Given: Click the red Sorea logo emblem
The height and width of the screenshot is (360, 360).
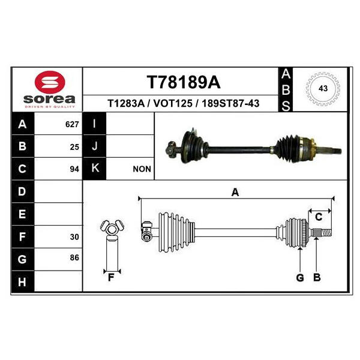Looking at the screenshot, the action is pyautogui.click(x=50, y=82).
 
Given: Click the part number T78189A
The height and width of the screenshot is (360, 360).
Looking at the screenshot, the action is pyautogui.click(x=184, y=82).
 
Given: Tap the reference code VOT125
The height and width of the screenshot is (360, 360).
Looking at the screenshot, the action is pyautogui.click(x=173, y=103).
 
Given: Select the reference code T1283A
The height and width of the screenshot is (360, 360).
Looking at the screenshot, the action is pyautogui.click(x=126, y=103).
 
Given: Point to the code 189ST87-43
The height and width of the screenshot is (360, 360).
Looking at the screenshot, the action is pyautogui.click(x=230, y=103).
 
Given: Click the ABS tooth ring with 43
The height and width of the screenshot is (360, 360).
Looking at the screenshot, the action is pyautogui.click(x=323, y=89).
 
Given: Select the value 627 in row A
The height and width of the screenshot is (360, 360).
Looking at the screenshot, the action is pyautogui.click(x=72, y=124).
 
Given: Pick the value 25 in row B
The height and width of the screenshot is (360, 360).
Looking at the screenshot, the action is pyautogui.click(x=74, y=147).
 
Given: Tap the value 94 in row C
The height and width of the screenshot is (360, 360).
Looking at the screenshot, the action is pyautogui.click(x=74, y=169).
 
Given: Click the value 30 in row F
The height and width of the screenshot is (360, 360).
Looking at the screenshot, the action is pyautogui.click(x=74, y=237).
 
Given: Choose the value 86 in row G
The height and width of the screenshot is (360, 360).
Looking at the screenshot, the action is pyautogui.click(x=74, y=257).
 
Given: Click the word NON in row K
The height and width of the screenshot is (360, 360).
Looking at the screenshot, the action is pyautogui.click(x=142, y=169).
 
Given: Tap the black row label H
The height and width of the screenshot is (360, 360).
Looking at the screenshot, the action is pyautogui.click(x=23, y=282).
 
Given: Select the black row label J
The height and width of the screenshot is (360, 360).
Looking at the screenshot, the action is pyautogui.click(x=95, y=146).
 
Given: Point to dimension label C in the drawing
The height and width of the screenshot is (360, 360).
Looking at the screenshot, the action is pyautogui.click(x=319, y=217).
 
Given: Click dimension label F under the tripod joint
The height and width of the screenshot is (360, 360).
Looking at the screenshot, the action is pyautogui.click(x=111, y=278).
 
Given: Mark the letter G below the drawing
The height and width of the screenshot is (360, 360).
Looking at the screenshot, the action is pyautogui.click(x=300, y=278).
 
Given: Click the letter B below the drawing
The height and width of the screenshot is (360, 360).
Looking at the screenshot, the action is pyautogui.click(x=317, y=278).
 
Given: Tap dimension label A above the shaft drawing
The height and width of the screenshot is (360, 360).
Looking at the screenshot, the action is pyautogui.click(x=235, y=192).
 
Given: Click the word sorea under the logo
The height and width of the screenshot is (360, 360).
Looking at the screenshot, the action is pyautogui.click(x=49, y=99).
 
